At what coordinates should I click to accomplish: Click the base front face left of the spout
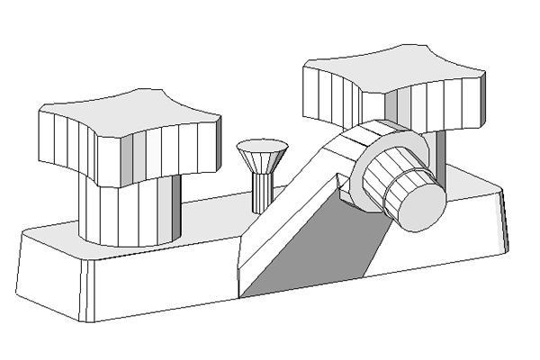162,283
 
